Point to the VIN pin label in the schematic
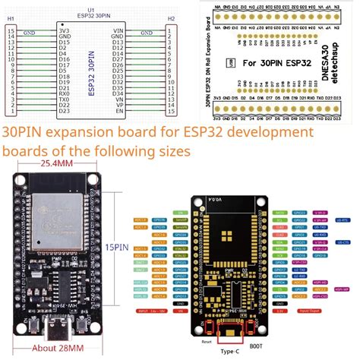point(118,31)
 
